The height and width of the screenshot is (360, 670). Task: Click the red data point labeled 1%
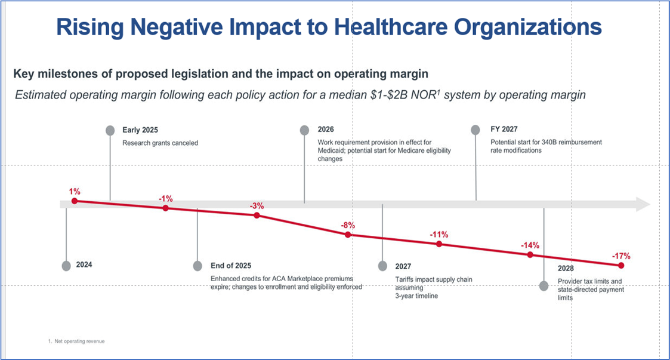click(75, 201)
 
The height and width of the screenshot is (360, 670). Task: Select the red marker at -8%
click(348, 235)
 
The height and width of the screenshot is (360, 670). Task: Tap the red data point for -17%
click(621, 265)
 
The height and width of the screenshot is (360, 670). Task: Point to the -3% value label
click(257, 205)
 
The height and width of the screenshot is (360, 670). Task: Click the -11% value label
click(439, 234)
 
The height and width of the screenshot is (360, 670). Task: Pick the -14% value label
click(530, 245)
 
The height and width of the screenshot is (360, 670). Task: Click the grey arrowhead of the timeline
click(643, 204)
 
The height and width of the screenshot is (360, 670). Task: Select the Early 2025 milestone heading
click(140, 130)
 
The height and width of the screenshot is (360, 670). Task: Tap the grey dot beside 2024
click(66, 265)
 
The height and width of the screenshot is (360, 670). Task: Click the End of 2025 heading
click(231, 266)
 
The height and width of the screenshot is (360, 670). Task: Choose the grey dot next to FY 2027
click(476, 130)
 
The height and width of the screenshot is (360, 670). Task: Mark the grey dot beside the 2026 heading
click(304, 130)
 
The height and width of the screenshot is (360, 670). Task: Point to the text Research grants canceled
click(160, 143)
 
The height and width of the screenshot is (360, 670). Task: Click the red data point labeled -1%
click(165, 208)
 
